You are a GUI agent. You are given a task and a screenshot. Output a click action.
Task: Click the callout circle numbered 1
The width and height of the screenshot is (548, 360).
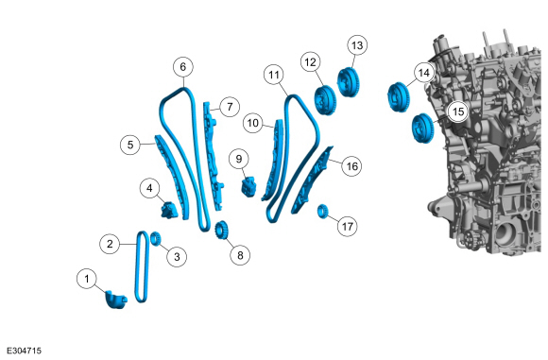(x=87, y=279)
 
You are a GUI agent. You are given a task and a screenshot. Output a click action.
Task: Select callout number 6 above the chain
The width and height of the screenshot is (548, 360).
(x=183, y=67)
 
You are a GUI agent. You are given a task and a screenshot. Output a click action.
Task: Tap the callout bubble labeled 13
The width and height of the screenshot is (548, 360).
(x=357, y=45)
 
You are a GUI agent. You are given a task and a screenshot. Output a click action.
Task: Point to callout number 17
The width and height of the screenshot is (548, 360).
(x=347, y=227)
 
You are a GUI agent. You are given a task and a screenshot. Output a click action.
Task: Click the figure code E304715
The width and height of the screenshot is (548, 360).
(x=25, y=351)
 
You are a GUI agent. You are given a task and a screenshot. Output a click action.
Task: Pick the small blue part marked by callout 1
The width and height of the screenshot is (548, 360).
(x=116, y=300)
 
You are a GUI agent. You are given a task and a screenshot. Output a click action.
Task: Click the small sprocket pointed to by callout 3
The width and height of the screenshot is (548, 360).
(x=156, y=238)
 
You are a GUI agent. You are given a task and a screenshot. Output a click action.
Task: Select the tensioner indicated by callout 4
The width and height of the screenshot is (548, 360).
(x=169, y=210)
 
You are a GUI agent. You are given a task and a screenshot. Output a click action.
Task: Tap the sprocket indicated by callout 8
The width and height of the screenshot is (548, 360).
(x=220, y=230)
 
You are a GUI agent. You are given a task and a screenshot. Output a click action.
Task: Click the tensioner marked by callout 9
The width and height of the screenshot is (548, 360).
(x=248, y=187)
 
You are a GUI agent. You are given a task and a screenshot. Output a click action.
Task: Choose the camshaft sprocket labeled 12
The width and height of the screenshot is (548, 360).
(x=325, y=99)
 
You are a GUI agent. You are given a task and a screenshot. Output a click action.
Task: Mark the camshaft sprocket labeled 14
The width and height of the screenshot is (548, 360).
(x=398, y=97)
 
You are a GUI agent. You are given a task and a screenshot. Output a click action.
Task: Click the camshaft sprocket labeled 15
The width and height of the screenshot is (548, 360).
(x=422, y=129)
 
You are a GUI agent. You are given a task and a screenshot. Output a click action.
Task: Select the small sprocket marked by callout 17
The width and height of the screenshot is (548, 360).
(x=322, y=212)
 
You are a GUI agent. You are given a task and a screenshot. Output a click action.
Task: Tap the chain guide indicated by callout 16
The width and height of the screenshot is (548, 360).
(x=311, y=179)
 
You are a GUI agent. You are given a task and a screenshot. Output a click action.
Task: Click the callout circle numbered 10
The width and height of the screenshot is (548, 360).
(x=253, y=123)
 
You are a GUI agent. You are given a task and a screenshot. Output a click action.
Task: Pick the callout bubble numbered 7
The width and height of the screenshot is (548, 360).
(x=230, y=107)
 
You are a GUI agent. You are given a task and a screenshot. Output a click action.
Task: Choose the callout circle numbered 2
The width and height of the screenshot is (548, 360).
(x=110, y=244)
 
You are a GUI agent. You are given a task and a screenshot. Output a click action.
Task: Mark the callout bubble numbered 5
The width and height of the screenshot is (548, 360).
(x=130, y=145)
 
